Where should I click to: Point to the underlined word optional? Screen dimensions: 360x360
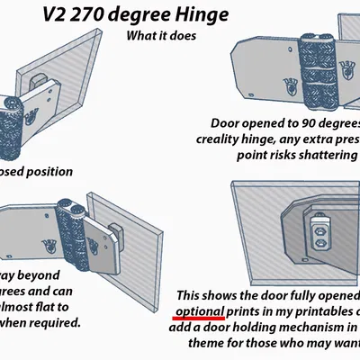click(199, 310)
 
